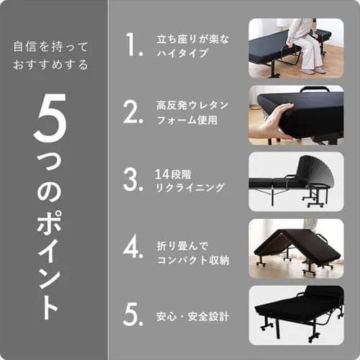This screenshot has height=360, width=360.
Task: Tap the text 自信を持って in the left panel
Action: (x=50, y=47)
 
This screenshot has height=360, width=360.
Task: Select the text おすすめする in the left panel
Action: (x=50, y=66)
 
